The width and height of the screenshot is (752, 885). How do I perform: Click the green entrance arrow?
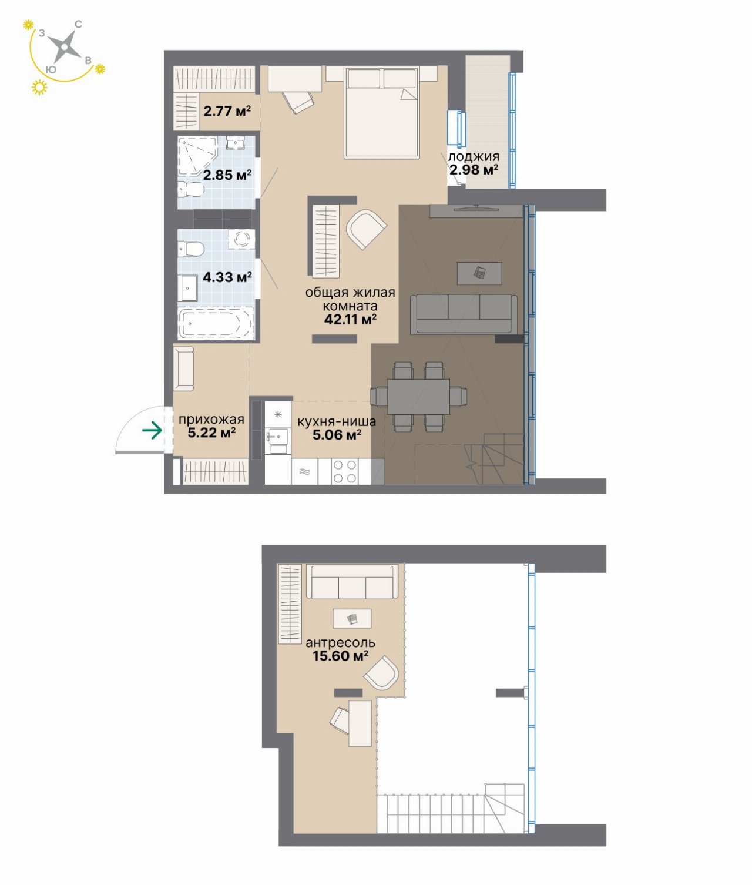point(152,430)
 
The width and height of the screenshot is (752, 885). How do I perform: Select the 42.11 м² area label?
point(350,319)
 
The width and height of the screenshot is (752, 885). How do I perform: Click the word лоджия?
point(474,156)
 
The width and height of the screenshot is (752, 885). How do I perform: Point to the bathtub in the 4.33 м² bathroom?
point(216,324)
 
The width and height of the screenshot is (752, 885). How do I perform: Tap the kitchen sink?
point(276,437)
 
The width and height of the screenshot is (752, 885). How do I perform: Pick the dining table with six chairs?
point(418,396)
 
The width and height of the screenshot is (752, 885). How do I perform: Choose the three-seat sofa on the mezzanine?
point(352,582)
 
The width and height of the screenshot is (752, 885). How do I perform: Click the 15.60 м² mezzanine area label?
point(341,656)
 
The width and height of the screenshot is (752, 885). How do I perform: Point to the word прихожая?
point(211,419)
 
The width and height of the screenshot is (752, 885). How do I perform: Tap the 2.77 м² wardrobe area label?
point(227,111)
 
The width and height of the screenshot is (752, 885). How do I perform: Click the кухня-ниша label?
point(337,421)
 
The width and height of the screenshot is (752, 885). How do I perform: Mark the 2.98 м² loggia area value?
point(474,170)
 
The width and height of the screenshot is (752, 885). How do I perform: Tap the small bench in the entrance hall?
point(184,368)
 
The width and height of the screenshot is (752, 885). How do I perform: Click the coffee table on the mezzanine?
point(352,618)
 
